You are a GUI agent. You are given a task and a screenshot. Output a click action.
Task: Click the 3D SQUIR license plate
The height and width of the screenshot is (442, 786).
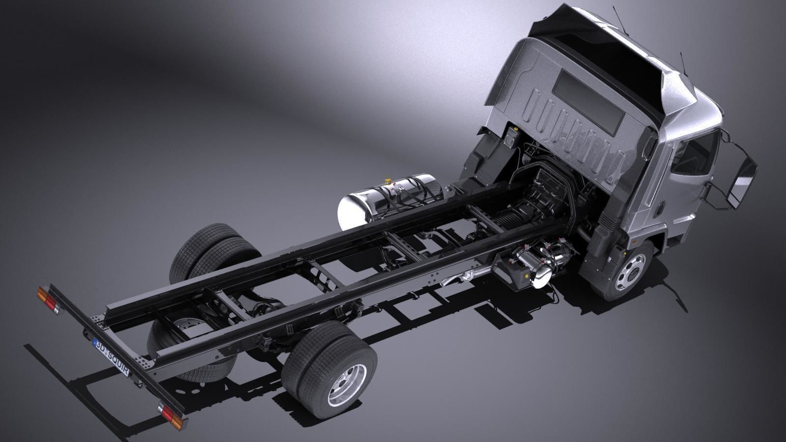pos(112,357)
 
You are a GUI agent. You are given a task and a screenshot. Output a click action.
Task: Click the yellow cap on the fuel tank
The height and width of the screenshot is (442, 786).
pos(389,181)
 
